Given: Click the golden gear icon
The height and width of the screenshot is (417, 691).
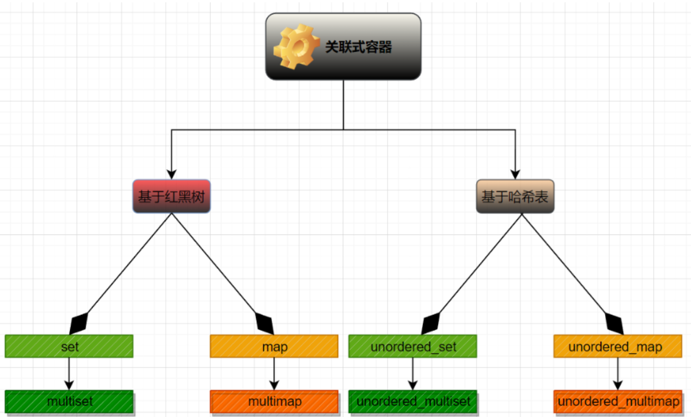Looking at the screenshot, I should point(296,46).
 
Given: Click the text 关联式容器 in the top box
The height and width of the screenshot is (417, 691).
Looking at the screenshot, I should point(359,47).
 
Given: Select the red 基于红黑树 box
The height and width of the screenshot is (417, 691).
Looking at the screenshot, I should point(171,196).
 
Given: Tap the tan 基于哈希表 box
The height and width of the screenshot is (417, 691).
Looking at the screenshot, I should point(515,196).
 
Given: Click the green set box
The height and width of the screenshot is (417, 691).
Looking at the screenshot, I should point(69,346).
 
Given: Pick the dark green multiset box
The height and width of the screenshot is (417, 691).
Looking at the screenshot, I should point(69,401).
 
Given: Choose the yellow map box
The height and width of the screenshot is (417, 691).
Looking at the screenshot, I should point(274,346).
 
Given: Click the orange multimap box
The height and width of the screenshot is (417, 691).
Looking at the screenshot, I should point(274,401).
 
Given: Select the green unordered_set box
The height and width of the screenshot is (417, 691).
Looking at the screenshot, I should point(412,346).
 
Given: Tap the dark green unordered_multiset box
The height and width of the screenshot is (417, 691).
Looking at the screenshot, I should point(412,401).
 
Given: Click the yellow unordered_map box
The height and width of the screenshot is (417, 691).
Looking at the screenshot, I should point(617,346).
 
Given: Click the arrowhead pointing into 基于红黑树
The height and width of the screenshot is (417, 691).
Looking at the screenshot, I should point(171,174).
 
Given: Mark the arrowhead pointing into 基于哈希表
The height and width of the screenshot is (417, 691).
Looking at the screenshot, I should point(515,174).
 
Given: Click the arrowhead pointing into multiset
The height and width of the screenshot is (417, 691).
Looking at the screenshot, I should point(69,385).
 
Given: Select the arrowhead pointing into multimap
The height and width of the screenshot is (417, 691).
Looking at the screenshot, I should point(274,385).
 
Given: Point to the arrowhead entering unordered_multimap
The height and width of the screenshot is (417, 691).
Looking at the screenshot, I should point(617,385).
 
